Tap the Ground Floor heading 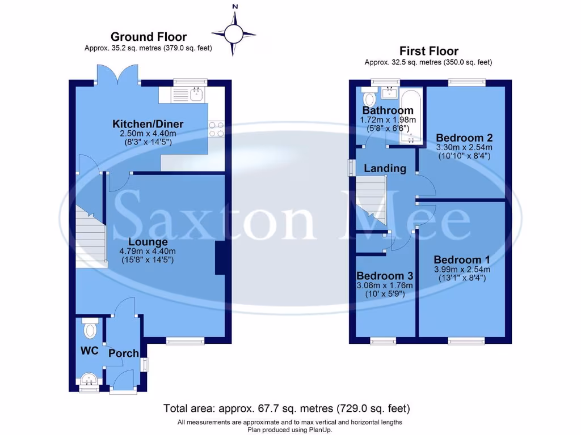click(x=148, y=37)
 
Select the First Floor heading click(x=428, y=51)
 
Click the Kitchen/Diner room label click(x=148, y=124)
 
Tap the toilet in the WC click(x=90, y=329)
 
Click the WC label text click(x=89, y=351)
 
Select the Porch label click(x=123, y=353)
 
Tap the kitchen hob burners click(x=216, y=130)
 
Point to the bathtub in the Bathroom click(x=409, y=117)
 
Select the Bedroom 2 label click(x=464, y=138)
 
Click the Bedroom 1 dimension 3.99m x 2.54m click(x=461, y=269)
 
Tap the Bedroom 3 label click(x=384, y=276)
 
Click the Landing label click(x=385, y=168)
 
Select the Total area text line click(x=287, y=408)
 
